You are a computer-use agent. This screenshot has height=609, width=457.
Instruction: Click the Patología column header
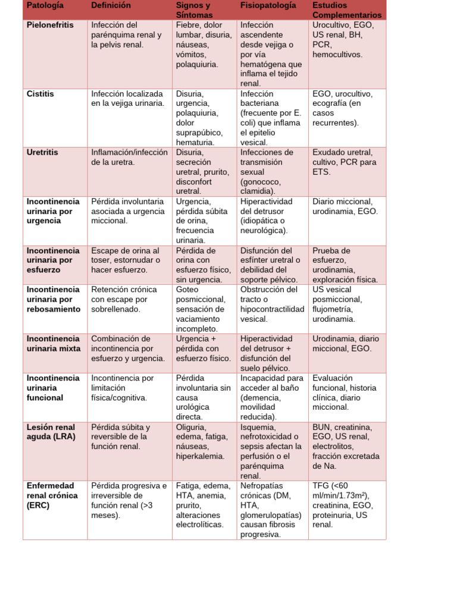point(45,6)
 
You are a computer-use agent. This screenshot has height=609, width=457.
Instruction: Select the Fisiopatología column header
point(268,6)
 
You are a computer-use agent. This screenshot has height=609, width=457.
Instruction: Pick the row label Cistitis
point(40,94)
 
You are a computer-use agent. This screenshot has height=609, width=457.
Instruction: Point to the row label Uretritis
point(43,152)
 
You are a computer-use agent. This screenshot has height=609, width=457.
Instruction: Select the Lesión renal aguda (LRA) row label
point(51,432)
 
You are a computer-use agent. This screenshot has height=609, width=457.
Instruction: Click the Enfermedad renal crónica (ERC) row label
point(52,495)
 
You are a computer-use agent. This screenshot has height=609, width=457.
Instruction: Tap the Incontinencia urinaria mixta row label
point(54,344)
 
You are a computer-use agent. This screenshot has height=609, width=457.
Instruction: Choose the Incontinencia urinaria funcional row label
point(53,388)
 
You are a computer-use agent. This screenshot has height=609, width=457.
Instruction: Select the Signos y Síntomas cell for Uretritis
point(202,171)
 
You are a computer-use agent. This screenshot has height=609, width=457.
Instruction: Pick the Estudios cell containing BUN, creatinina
point(346,447)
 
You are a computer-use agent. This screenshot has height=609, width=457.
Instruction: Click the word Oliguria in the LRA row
point(192,427)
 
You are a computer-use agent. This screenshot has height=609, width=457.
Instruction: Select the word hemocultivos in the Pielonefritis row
point(337,55)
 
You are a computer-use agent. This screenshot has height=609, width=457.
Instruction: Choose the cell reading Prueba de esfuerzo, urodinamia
point(345,265)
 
